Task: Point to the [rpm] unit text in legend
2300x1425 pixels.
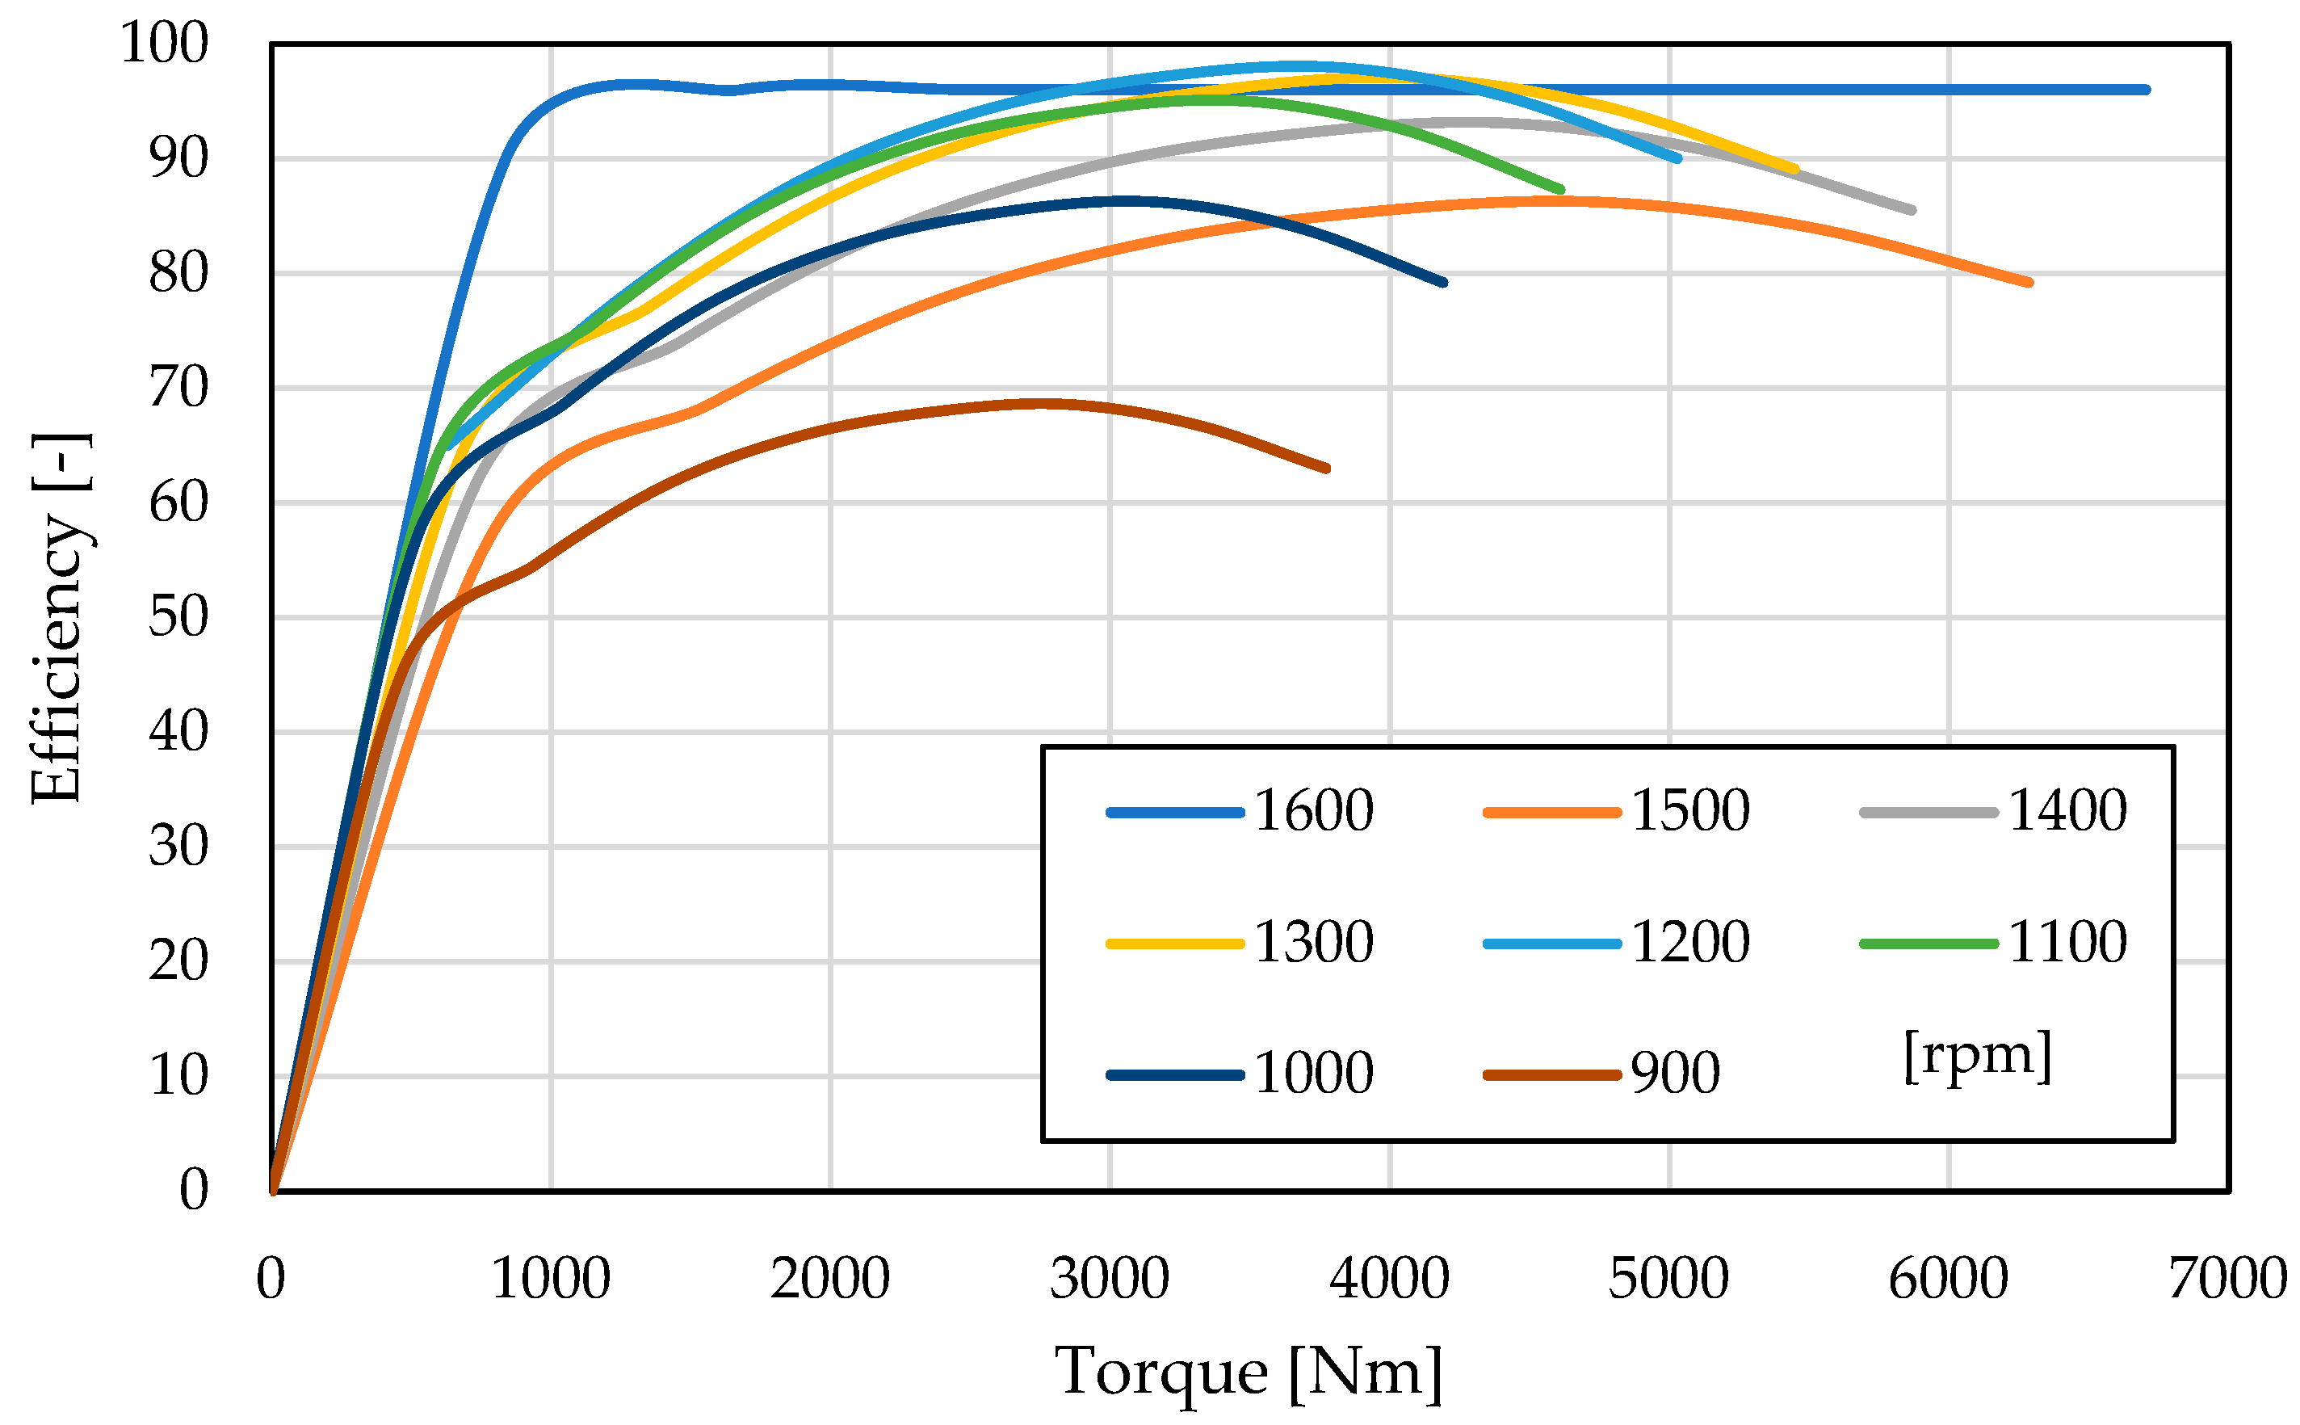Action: coord(1976,1057)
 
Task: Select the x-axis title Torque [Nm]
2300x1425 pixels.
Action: coord(1248,1372)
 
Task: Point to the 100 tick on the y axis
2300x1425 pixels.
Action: coord(164,44)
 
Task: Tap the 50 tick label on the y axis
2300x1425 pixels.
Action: coord(178,617)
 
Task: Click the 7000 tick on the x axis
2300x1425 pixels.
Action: coord(2227,1279)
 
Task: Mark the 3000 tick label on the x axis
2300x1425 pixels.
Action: coord(1109,1279)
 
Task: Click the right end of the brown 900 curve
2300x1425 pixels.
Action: coord(1327,469)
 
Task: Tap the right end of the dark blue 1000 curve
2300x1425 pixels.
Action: coord(1443,282)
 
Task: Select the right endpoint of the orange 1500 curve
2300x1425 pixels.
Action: coord(2029,282)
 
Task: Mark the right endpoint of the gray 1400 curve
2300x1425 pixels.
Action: coord(1912,210)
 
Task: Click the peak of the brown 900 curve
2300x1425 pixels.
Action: coord(1041,403)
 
